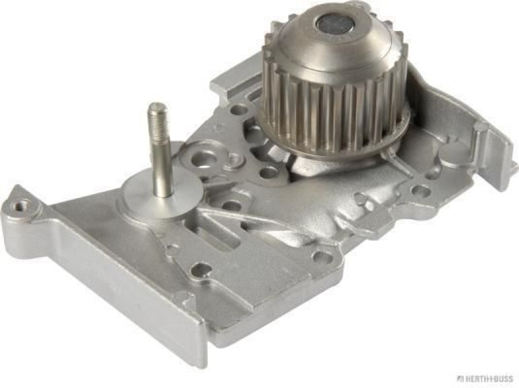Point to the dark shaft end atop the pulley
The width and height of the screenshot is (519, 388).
pyautogui.click(x=334, y=25)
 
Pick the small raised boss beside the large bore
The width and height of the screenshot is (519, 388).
pyautogui.click(x=232, y=159)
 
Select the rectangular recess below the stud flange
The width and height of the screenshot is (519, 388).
pyautogui.click(x=221, y=230)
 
